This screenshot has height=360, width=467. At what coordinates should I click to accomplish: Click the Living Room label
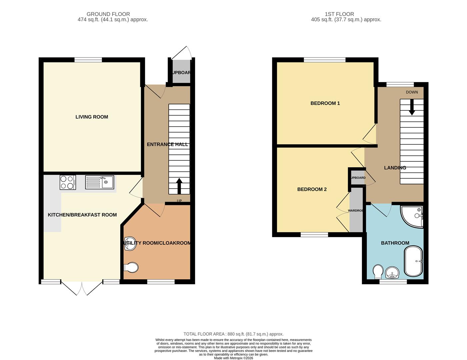point(92,117)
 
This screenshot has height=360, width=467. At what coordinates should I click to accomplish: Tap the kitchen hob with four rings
point(68,182)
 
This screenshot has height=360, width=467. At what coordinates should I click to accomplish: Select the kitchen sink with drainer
point(99,182)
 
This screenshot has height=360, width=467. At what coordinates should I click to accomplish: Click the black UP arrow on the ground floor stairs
point(179,185)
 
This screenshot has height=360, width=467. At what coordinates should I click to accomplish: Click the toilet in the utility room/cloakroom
point(131,267)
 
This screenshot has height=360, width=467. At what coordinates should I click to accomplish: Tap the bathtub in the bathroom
point(414,261)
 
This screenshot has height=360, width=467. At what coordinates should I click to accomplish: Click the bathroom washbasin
point(393,273)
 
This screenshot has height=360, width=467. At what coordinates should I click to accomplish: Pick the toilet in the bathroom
point(378,271)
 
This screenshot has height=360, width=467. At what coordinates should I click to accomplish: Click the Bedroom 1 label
point(325,103)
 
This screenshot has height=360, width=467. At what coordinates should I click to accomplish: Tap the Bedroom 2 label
point(312,189)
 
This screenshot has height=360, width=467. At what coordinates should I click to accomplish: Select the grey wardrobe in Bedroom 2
point(356,210)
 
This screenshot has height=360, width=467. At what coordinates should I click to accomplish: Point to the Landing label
point(395,168)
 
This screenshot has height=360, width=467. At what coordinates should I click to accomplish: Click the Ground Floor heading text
point(108,14)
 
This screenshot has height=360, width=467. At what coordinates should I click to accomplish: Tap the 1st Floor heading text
point(339,14)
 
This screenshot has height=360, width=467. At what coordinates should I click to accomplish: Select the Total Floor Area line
point(233,334)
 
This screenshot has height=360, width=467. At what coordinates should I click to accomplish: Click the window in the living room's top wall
point(88,60)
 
